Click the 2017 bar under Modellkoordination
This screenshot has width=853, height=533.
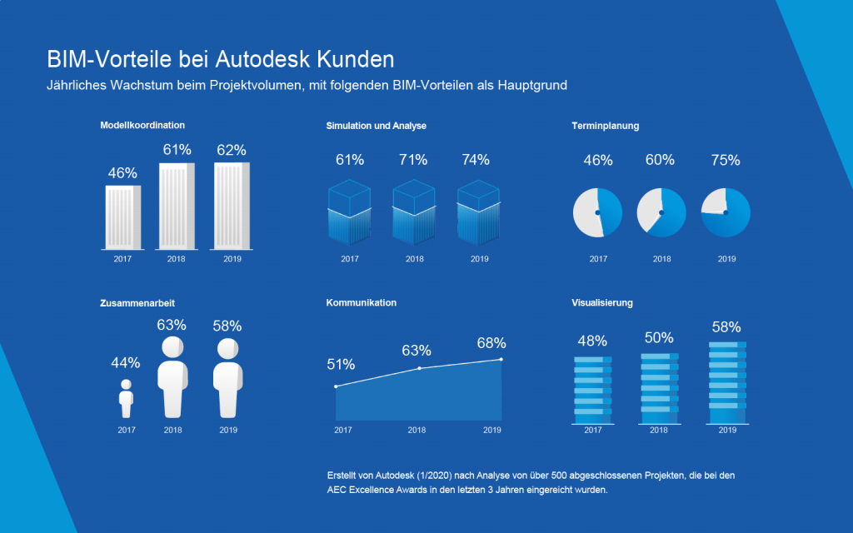122,217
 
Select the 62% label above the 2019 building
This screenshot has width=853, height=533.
231,151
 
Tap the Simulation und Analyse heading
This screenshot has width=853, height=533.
376,126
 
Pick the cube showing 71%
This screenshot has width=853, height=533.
414,212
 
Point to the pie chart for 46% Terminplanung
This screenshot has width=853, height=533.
597,212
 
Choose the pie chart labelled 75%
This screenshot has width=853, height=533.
726,212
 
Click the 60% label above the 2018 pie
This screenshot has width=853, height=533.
660,160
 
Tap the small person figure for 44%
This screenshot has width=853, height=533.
126,399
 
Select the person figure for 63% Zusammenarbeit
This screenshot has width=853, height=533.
172,376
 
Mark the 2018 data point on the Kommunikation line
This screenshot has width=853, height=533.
419,368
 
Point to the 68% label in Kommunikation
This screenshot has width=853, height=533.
491,343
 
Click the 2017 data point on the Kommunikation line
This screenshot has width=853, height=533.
336,386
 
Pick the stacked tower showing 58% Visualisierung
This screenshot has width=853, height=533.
727,374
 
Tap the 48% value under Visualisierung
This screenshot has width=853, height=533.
592,341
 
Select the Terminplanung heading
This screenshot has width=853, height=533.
605,126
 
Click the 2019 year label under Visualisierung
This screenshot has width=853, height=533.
727,430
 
